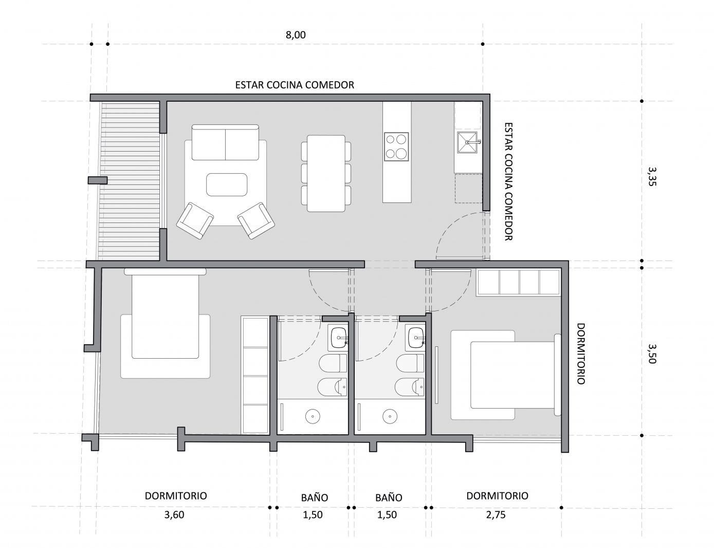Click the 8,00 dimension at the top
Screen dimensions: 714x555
coord(296,35)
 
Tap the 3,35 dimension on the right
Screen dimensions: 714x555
coord(652,176)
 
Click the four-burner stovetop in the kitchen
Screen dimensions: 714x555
coord(396,146)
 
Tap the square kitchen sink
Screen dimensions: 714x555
coord(467,142)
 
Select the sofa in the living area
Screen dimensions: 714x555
coord(225,142)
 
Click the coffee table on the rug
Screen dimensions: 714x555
coord(227,184)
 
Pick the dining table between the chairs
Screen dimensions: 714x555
coord(326,173)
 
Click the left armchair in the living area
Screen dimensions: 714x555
coord(195,220)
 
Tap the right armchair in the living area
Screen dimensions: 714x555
coord(256,220)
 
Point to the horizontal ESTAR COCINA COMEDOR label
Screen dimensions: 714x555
coord(295,85)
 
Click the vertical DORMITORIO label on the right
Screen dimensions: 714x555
coord(581,354)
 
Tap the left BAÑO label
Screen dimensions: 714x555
coord(315,498)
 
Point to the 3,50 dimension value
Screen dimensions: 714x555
coord(652,354)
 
